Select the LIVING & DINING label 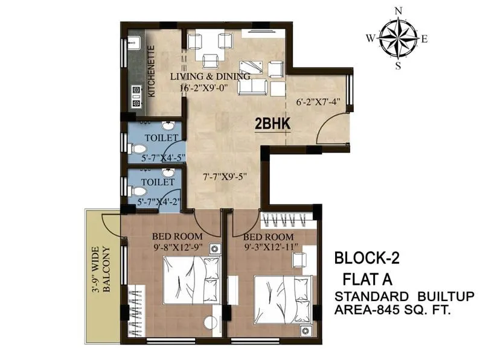[210, 77]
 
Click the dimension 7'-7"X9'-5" [225, 177]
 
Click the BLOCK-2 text [366, 259]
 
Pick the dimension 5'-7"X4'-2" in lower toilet [158, 202]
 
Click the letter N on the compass [397, 11]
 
